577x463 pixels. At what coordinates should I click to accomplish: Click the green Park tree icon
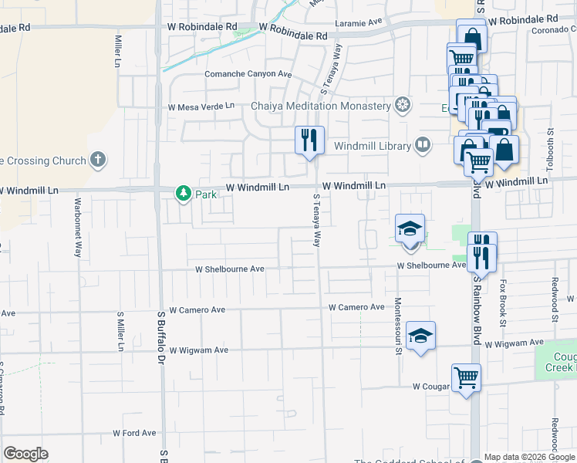pos(183,193)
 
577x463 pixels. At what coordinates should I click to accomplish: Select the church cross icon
pos(97,160)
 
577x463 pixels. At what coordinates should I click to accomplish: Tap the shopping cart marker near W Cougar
pos(466,378)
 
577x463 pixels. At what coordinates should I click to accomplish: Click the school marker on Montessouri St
pos(420,336)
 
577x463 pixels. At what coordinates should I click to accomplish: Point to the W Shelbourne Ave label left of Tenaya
pos(230,269)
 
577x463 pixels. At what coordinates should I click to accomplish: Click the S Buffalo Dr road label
pos(161,336)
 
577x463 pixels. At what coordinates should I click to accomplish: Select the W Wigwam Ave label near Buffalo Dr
pos(199,350)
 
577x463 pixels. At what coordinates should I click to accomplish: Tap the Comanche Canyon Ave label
pos(248,74)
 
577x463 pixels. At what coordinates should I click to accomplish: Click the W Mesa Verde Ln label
pos(201,106)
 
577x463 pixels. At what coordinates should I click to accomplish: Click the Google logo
pos(25,454)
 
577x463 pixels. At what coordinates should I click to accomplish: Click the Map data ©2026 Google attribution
pos(529,457)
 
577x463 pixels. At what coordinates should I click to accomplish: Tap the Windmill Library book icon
pos(423,144)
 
